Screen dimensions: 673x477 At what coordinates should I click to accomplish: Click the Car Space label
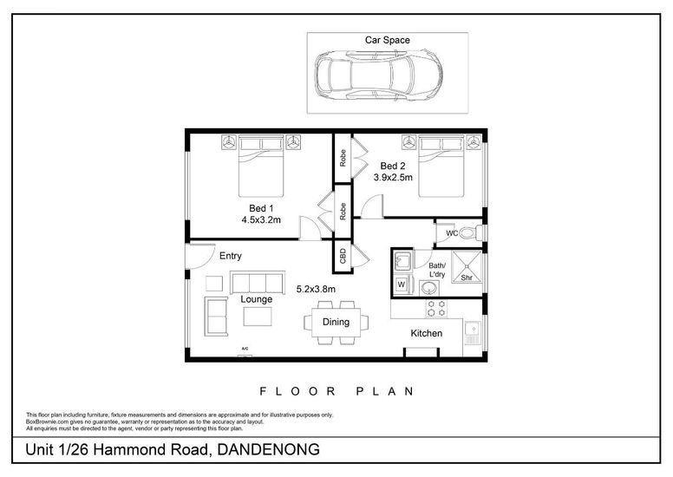point(387,40)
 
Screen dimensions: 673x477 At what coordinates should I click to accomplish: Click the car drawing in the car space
point(378,75)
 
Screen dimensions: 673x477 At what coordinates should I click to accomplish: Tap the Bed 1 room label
point(261,208)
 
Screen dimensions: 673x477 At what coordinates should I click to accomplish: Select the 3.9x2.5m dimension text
point(393,177)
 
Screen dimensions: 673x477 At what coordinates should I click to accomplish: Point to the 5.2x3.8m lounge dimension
point(316,289)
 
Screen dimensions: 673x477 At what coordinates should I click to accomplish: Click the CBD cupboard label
point(343,257)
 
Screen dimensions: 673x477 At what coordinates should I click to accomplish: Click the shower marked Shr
point(467,267)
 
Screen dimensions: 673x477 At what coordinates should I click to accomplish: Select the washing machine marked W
point(402,284)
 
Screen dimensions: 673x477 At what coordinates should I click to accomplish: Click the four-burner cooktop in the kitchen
point(436,309)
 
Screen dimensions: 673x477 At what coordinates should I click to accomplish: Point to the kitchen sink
point(473,333)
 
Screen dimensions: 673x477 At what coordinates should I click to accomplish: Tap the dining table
point(336,323)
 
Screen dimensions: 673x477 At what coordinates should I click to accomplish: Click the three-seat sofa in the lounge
point(258,282)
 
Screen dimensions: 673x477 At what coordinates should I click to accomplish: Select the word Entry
point(231,256)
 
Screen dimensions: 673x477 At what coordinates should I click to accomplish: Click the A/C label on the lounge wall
point(245,349)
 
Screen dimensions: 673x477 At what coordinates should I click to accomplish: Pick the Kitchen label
point(426,333)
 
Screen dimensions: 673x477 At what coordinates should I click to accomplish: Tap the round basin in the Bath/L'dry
point(429,288)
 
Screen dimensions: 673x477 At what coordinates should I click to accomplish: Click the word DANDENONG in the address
point(269,449)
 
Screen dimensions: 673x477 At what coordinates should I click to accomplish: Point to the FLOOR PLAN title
point(336,391)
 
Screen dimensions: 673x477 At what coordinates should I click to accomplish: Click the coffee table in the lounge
point(258,317)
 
